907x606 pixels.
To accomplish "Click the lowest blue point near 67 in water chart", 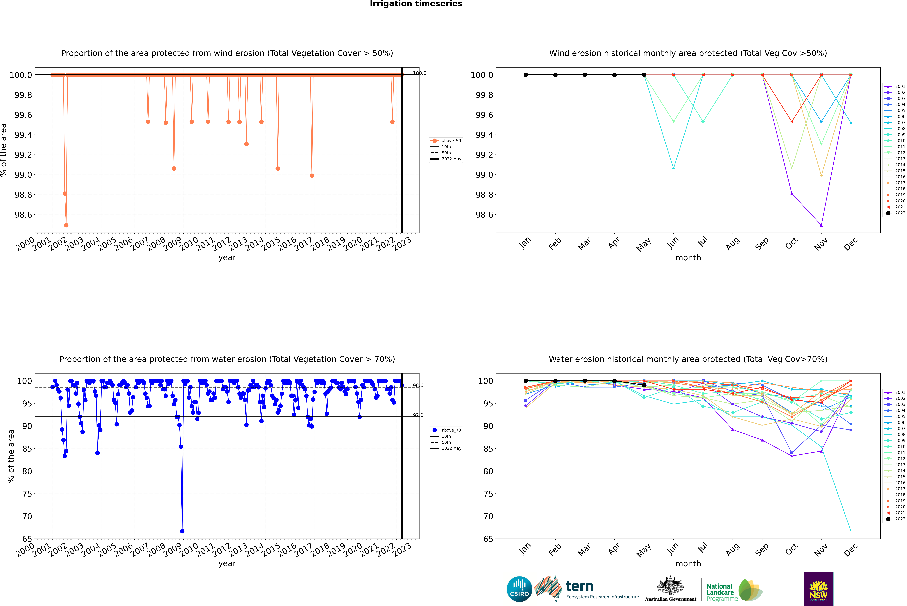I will pyautogui.click(x=182, y=531).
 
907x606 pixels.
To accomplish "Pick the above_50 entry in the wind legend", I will pyautogui.click(x=451, y=141).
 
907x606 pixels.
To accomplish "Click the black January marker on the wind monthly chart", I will pyautogui.click(x=526, y=75).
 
